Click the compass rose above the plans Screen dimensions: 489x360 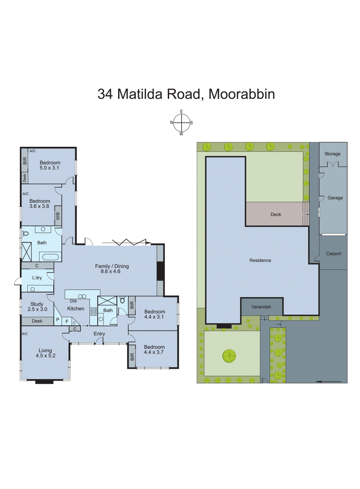(181, 123)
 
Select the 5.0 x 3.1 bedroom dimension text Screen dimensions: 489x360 (49, 168)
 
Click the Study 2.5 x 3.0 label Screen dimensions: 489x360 (37, 307)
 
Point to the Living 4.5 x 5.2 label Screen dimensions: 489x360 (45, 353)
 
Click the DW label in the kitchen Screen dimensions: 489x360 (73, 301)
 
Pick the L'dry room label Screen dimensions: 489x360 (37, 278)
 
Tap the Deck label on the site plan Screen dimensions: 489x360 (276, 215)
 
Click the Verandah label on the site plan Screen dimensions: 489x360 (261, 307)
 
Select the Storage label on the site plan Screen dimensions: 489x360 (332, 154)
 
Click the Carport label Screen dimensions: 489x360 (333, 254)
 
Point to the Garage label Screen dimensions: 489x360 (335, 198)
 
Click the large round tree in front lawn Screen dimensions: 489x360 (229, 356)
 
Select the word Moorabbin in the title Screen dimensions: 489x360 (242, 94)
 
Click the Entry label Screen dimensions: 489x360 (99, 334)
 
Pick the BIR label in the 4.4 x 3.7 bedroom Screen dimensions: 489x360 (132, 357)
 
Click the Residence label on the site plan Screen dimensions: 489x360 (260, 260)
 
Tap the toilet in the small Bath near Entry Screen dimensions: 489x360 (122, 300)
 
